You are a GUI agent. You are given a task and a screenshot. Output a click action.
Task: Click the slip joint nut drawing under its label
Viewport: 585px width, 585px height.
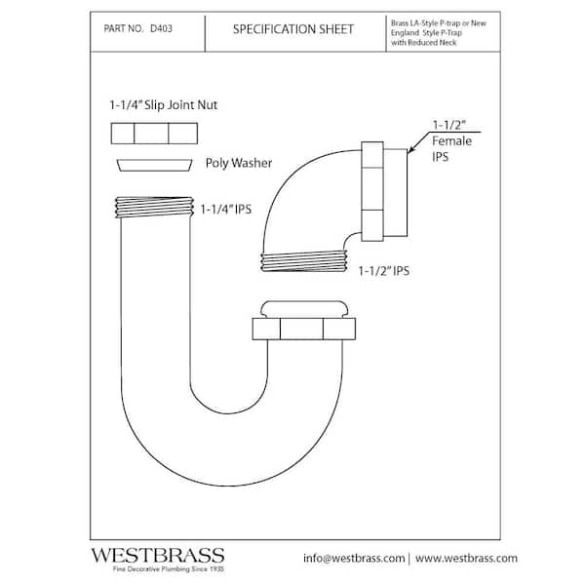[154, 134]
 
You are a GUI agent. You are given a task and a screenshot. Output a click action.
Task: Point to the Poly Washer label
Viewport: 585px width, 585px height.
[238, 164]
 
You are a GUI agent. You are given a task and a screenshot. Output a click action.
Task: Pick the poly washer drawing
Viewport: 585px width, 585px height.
[153, 165]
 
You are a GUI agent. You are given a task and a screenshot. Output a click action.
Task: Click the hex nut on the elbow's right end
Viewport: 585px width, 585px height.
[374, 191]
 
